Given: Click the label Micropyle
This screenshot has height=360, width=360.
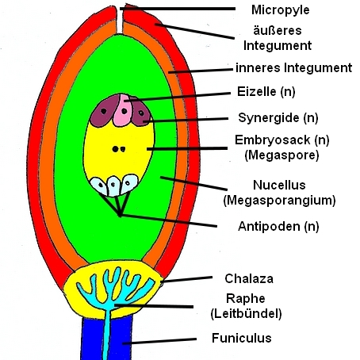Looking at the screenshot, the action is (x=280, y=10).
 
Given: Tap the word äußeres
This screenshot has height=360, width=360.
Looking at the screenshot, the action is (x=278, y=30).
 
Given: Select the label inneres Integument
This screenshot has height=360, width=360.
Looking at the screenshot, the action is (x=293, y=67).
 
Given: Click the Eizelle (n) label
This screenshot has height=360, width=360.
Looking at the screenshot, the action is (x=266, y=92).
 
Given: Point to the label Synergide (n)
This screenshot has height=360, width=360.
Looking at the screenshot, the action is (x=278, y=118).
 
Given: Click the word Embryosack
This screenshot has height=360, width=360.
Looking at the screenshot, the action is (x=273, y=140).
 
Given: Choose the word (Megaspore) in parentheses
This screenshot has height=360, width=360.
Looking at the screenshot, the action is (x=281, y=155).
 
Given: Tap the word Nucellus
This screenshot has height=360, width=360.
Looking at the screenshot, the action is (x=279, y=185).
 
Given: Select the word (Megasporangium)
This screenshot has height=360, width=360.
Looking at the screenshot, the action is (x=279, y=201).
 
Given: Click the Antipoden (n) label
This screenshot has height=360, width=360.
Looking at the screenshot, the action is (x=278, y=227).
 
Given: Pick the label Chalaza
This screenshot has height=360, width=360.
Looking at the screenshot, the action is (x=249, y=278).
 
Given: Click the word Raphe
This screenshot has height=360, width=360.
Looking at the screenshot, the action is (x=246, y=299).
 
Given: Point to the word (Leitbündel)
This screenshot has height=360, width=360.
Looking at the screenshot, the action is (x=246, y=314).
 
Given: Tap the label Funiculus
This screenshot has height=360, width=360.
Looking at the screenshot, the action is (x=242, y=338).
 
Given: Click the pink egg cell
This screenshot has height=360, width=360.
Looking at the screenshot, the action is (x=123, y=110).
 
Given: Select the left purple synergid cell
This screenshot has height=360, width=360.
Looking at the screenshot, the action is (x=103, y=112).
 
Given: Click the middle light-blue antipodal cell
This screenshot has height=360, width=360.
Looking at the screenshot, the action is (x=113, y=186).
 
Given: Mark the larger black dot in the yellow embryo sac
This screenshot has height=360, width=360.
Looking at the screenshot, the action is (x=115, y=149).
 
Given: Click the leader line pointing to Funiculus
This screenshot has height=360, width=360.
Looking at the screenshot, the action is (x=159, y=341).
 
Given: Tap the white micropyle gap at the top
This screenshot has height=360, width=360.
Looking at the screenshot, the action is (x=120, y=21).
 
